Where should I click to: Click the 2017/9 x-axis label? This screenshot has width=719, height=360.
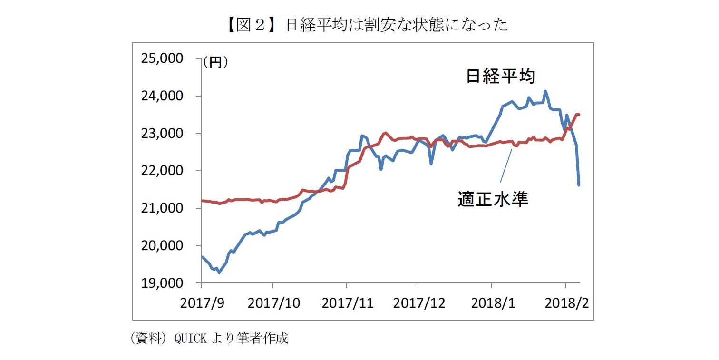click(x=202, y=303)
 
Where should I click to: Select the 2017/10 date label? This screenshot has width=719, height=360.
click(x=272, y=303)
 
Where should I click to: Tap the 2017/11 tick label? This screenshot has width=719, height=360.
click(x=347, y=303)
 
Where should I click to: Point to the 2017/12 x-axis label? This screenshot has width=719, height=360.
click(x=418, y=303)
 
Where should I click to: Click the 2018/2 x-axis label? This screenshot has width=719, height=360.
click(x=565, y=303)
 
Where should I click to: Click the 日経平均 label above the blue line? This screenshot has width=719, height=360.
click(x=501, y=77)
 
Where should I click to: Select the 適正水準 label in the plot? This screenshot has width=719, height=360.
click(x=493, y=199)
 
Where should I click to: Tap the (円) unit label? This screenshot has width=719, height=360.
click(x=215, y=62)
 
